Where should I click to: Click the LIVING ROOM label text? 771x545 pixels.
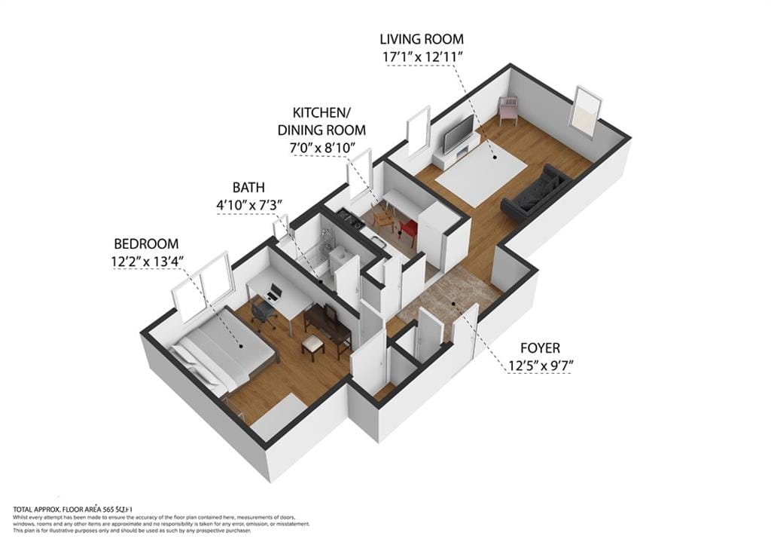point(421,38)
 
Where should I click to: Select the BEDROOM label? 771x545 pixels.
point(146,243)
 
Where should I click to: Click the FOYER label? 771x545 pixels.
point(540,348)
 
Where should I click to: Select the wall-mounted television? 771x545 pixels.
point(458,134)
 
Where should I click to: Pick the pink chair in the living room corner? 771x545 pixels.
point(508,110)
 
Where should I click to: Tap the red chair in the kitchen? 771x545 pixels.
point(409,227)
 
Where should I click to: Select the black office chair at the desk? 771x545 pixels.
point(263,313)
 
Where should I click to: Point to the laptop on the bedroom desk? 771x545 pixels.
point(274,290)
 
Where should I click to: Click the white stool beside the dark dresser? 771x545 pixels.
point(313,345)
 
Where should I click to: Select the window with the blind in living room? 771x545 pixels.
point(585,112)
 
